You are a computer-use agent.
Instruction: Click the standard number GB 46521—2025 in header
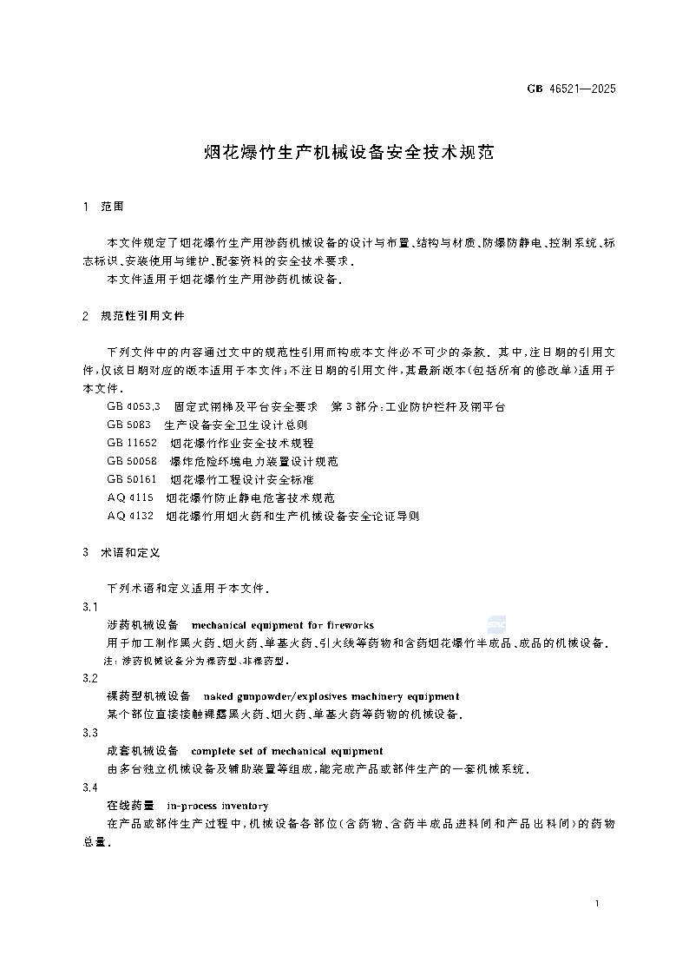tap(572, 89)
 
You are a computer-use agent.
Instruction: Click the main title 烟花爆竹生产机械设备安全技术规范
tap(348, 153)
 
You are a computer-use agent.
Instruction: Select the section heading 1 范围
tap(103, 207)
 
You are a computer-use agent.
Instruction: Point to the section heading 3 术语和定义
tap(121, 552)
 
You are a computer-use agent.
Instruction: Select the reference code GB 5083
tap(129, 425)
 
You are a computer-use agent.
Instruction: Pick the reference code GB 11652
tap(132, 443)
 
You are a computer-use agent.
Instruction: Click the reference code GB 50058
tap(132, 461)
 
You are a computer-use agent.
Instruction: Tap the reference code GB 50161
tap(132, 479)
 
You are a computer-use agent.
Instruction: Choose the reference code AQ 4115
tap(130, 497)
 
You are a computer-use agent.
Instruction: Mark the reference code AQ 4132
tap(130, 516)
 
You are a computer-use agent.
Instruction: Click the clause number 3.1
tap(89, 607)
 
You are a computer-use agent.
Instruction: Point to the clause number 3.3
tap(89, 733)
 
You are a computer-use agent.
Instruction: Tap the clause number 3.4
tap(89, 787)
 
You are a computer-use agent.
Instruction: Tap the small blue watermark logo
tap(496, 623)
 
